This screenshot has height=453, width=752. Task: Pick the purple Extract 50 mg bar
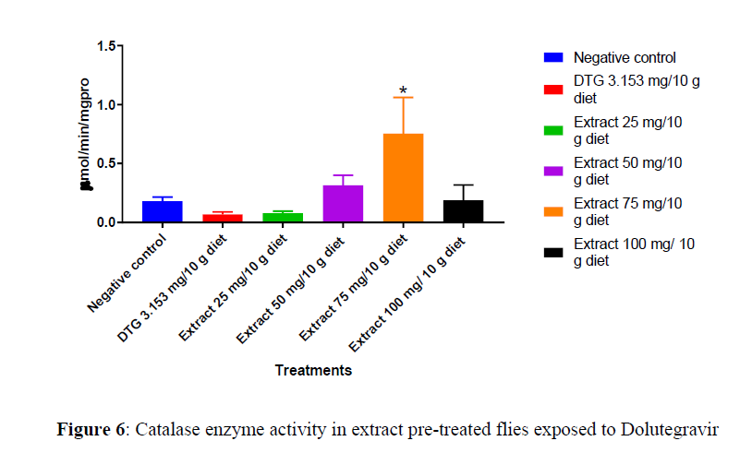344,204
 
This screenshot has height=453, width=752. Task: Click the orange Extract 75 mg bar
403,178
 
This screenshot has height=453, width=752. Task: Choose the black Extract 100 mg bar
463,211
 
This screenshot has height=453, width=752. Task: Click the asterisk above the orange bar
403,90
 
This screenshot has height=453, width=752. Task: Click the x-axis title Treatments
313,371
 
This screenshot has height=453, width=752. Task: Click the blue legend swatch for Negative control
553,57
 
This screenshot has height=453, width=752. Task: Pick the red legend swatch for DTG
553,89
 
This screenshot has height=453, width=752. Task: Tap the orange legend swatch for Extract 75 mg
553,211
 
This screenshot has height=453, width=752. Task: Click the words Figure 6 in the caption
91,429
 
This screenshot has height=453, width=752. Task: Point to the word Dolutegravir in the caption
670,429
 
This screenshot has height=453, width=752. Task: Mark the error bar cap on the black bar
463,185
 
